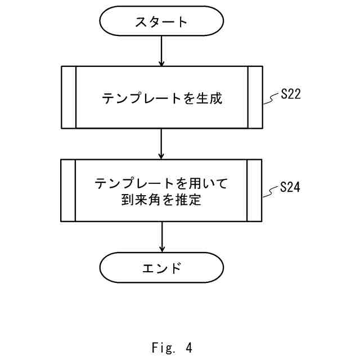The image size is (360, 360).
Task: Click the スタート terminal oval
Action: point(161,22)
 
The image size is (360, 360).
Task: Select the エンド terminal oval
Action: point(161,268)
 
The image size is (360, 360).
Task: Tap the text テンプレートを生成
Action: point(162,98)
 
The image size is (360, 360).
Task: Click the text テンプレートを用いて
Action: point(162,183)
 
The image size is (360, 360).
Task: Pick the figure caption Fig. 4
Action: point(172,348)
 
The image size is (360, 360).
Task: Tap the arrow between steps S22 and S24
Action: point(161,144)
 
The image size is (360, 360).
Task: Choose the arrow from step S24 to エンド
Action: point(161,237)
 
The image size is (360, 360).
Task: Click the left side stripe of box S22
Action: point(68,97)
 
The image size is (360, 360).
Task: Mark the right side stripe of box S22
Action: point(255,97)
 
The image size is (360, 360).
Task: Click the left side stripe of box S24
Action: point(68,191)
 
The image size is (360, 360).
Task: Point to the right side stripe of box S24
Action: point(255,191)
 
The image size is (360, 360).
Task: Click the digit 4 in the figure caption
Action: point(188,348)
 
